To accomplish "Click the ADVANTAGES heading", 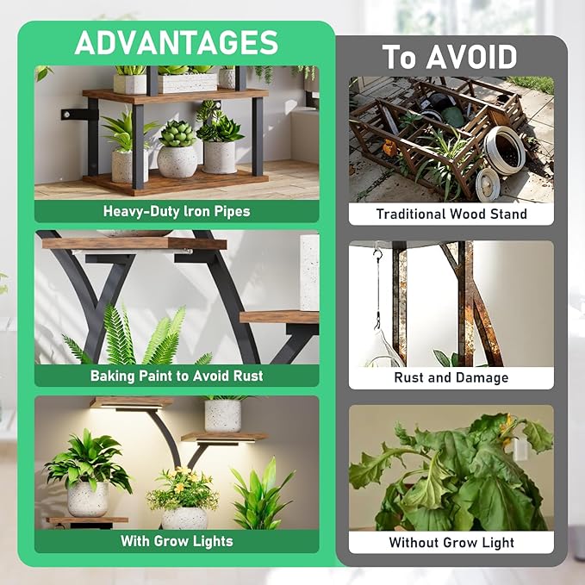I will click(x=176, y=42).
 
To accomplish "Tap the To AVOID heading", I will click(x=450, y=57).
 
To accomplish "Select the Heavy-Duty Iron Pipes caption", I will click(x=176, y=211).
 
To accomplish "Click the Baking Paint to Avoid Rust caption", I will click(x=176, y=376).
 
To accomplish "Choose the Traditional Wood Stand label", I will click(x=451, y=214).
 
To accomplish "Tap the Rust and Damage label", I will click(x=451, y=377).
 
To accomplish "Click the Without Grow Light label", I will click(x=451, y=542).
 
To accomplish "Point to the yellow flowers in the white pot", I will click(x=183, y=488).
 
